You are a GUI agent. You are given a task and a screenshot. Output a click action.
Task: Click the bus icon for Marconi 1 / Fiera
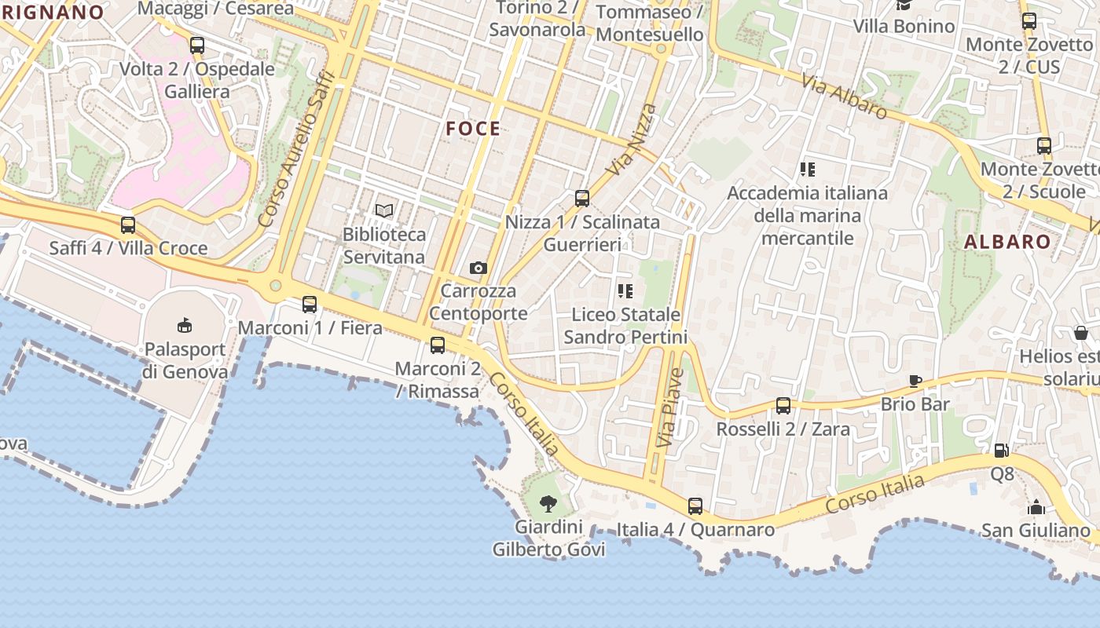(310, 305)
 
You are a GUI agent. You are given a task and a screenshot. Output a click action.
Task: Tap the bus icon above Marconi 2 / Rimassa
(438, 345)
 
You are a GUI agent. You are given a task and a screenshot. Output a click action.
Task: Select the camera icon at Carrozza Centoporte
(478, 268)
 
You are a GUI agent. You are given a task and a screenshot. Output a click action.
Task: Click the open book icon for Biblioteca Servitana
(384, 210)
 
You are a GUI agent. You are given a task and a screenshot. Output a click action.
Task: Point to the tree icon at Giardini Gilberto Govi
(548, 504)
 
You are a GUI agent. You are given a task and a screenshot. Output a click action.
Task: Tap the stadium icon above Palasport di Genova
(185, 325)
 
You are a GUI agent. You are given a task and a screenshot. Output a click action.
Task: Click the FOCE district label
(473, 129)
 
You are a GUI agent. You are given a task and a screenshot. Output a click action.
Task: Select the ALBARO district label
(1007, 242)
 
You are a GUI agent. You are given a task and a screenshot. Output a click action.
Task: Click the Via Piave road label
(665, 407)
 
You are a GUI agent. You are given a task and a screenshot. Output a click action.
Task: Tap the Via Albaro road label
(845, 96)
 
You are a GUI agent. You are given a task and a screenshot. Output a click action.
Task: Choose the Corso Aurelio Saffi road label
(297, 149)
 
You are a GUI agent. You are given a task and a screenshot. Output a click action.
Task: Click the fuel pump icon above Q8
(1001, 451)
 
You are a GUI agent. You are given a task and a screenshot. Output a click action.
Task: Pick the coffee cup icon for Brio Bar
(915, 382)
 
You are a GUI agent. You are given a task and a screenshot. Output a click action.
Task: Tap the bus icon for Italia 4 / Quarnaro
(695, 506)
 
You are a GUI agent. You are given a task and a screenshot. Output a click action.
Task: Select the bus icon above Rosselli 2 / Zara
(783, 406)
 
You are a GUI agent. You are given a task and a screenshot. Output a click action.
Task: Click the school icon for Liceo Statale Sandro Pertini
(625, 291)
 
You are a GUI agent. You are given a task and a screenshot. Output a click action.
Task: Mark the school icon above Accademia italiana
(807, 169)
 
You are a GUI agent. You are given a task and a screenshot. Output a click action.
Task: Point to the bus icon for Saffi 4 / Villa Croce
(128, 225)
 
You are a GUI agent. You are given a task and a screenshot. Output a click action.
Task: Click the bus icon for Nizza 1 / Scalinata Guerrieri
(582, 199)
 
